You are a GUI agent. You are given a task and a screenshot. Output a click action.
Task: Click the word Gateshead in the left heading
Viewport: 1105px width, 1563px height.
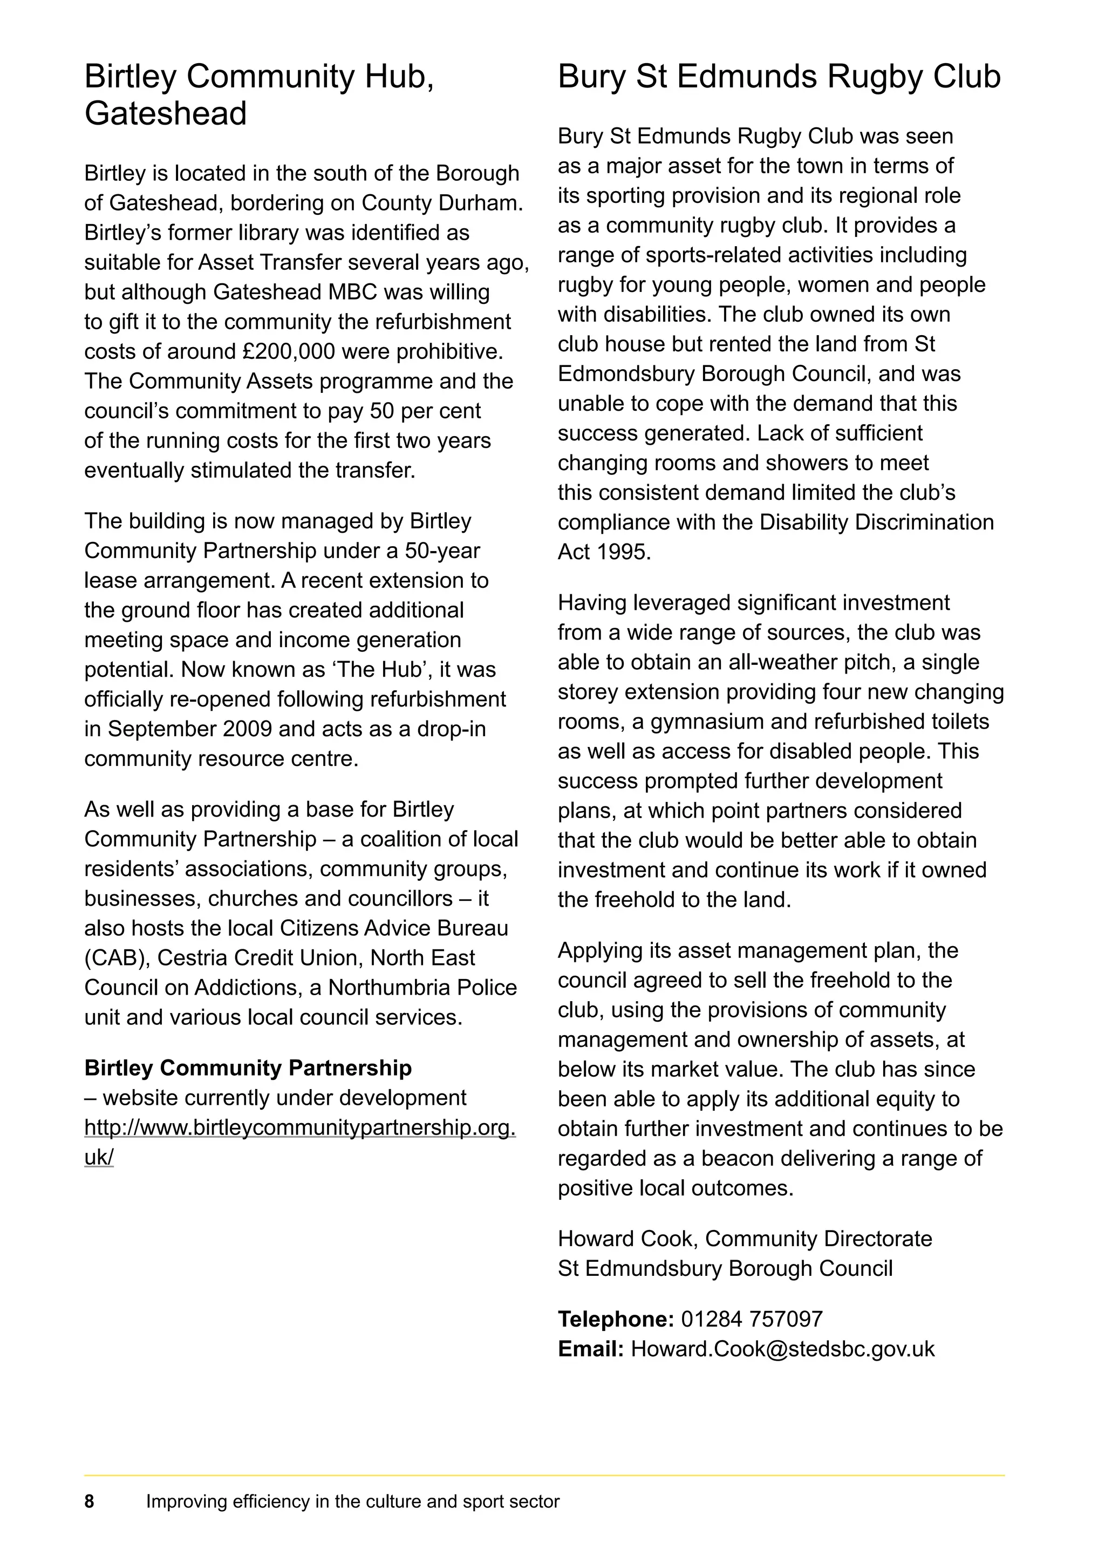coord(165,114)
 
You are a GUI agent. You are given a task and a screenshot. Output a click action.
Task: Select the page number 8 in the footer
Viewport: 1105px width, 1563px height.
coord(89,1501)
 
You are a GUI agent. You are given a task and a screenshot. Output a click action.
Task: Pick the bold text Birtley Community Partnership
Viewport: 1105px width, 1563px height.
coord(248,1068)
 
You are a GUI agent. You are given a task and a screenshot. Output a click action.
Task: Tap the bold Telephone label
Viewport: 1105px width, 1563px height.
coord(615,1319)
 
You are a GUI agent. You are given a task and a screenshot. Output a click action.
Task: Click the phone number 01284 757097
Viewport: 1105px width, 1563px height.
coord(751,1319)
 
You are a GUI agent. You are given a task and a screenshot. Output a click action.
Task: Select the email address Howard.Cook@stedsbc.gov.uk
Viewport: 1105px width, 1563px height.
coord(782,1349)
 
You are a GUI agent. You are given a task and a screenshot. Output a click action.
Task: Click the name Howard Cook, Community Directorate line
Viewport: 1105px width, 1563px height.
coord(745,1239)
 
